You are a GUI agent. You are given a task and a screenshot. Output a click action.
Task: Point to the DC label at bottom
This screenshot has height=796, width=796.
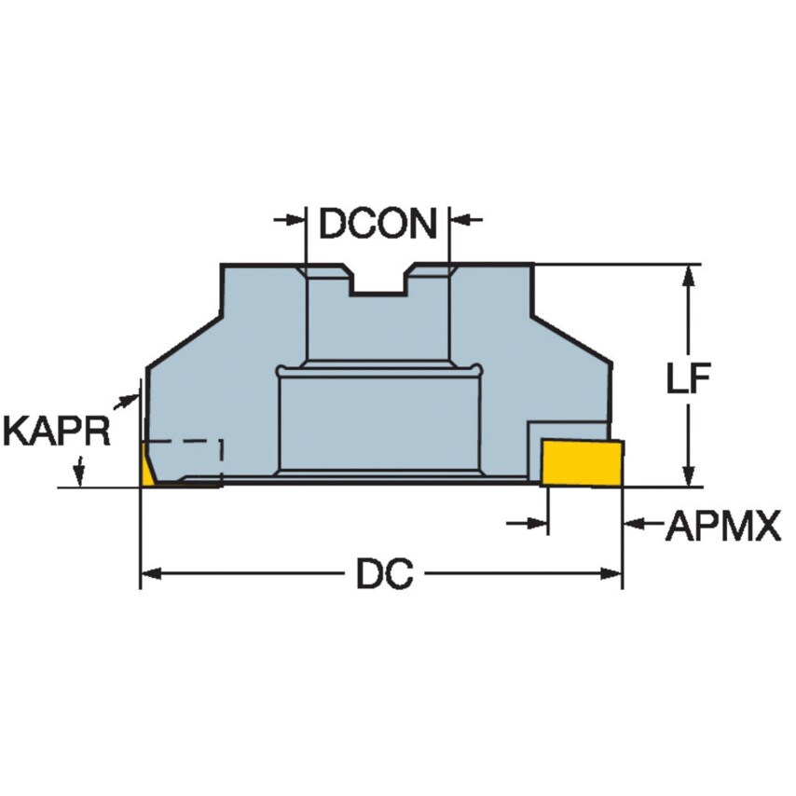(x=384, y=574)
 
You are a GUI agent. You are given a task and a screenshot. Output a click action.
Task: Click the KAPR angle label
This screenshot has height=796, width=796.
(x=56, y=432)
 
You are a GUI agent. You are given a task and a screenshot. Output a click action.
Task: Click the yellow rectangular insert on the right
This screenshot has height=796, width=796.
(x=583, y=463)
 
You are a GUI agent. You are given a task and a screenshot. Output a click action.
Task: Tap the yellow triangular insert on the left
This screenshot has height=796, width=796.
(x=147, y=467)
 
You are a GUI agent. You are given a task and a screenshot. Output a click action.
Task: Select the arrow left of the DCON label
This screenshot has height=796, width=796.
(x=293, y=220)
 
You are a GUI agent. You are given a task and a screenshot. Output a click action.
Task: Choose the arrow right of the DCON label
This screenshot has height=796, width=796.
(x=464, y=220)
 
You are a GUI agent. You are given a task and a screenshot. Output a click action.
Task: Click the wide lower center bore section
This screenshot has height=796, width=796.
(x=380, y=421)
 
